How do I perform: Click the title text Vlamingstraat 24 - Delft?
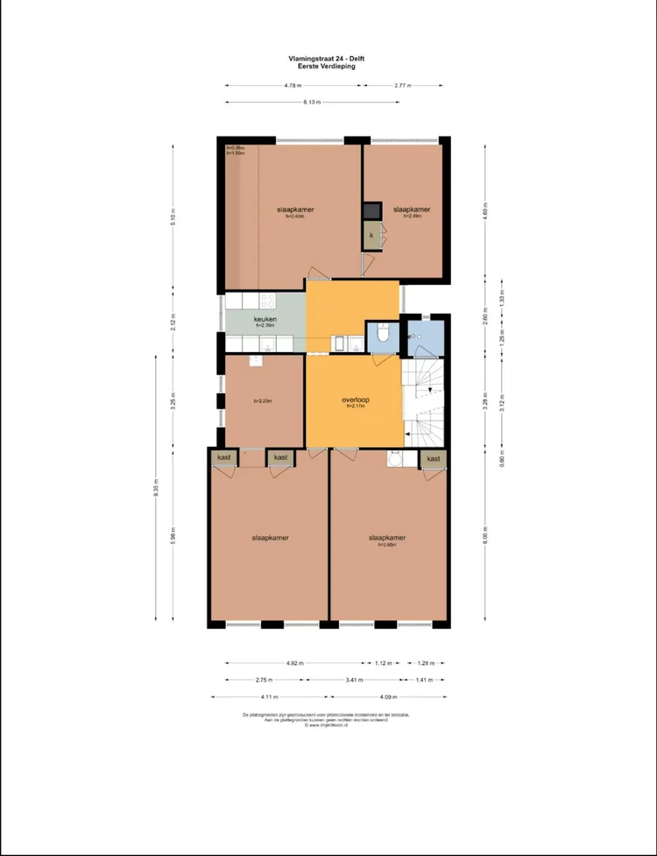pyautogui.click(x=326, y=59)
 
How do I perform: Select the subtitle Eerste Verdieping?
pyautogui.click(x=326, y=66)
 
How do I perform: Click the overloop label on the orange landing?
pyautogui.click(x=355, y=400)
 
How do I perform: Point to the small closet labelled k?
pyautogui.click(x=371, y=236)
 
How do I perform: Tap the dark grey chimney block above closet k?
pyautogui.click(x=371, y=211)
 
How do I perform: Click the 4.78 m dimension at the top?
pyautogui.click(x=293, y=86)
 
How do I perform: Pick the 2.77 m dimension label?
pyautogui.click(x=403, y=86)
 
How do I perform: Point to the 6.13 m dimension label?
pyautogui.click(x=311, y=103)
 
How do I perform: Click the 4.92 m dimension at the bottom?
pyautogui.click(x=293, y=663)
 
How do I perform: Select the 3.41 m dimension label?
pyautogui.click(x=354, y=680)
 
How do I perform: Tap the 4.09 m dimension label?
pyautogui.click(x=389, y=697)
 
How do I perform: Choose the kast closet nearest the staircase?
pyautogui.click(x=433, y=458)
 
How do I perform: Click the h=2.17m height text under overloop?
pyautogui.click(x=355, y=407)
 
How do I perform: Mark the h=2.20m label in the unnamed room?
pyautogui.click(x=262, y=401)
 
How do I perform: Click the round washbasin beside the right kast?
pyautogui.click(x=396, y=458)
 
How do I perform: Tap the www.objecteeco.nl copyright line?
pyautogui.click(x=326, y=725)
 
